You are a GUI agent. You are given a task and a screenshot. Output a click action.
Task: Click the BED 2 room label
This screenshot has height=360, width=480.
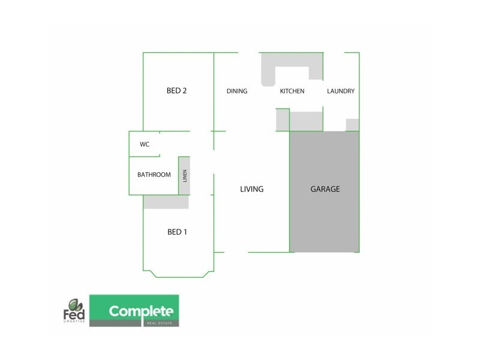(177, 91)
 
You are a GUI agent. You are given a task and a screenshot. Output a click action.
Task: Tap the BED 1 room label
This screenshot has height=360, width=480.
(177, 232)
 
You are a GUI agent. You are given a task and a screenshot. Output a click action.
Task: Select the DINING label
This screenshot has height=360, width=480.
(237, 92)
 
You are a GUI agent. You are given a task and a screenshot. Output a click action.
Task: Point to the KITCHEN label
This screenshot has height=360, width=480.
(292, 92)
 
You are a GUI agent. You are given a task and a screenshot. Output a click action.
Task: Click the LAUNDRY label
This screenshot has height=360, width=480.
(341, 92)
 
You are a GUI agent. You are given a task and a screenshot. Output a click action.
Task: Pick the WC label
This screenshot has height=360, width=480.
(144, 145)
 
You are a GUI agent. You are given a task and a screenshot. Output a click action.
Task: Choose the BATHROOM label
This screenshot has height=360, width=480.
(154, 175)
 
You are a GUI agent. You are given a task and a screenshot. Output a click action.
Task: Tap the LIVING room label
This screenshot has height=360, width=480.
(251, 189)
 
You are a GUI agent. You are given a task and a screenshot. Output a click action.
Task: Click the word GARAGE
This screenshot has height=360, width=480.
(325, 189)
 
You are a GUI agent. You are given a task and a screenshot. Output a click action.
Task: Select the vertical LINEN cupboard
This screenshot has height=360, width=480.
(185, 175)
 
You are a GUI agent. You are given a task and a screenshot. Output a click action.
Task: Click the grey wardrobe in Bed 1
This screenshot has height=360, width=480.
(166, 202)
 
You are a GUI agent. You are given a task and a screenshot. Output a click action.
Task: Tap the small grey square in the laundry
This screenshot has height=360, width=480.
(353, 125)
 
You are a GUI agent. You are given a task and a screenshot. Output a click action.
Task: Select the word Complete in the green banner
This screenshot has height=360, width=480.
(141, 311)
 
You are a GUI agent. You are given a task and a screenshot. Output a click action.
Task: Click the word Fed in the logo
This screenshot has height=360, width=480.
(73, 314)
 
